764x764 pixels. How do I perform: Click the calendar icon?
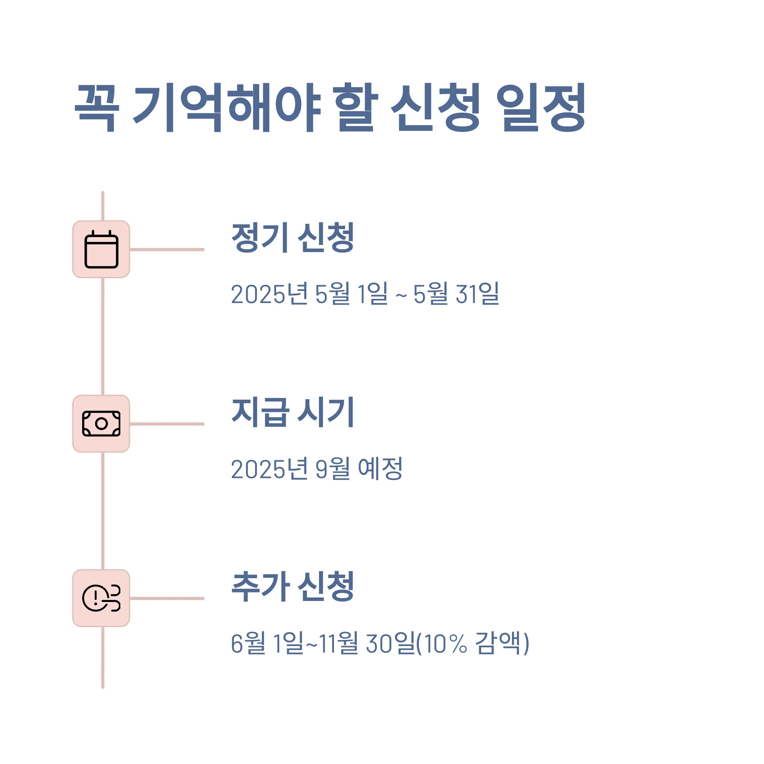tap(101, 250)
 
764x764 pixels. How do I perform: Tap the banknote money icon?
tap(101, 423)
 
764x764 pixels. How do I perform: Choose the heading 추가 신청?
tap(293, 586)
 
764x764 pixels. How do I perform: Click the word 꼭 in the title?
tap(96, 108)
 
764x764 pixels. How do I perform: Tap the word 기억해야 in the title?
tap(227, 108)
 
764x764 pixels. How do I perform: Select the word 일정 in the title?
tap(540, 108)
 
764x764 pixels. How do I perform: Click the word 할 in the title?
tap(356, 108)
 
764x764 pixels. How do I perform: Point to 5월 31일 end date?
tap(456, 294)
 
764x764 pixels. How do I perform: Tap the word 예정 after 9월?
tap(380, 469)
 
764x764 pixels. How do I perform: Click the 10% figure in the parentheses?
tap(445, 643)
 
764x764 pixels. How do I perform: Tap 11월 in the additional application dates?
tap(338, 643)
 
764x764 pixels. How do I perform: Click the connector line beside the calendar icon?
tap(167, 250)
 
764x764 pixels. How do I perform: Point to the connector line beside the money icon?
tap(167, 424)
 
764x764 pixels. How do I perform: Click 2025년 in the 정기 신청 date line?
tap(269, 294)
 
